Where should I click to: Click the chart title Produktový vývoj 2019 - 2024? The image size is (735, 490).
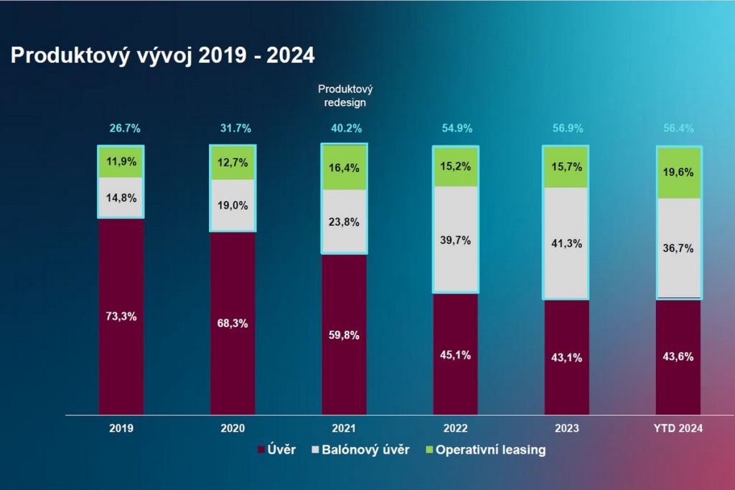162,56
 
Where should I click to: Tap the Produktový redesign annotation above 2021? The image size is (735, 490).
345,95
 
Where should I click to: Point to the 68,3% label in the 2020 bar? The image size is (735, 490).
233,324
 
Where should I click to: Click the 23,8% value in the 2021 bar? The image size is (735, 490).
345,222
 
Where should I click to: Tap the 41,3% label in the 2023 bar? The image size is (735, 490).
567,244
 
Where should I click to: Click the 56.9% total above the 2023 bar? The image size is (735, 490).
568,129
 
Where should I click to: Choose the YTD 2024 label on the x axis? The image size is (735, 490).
678,428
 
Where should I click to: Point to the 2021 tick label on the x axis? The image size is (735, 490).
344,428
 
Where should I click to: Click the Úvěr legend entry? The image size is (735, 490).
277,451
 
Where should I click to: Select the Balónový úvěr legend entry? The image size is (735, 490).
360,451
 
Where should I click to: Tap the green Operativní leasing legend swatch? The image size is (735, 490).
429,451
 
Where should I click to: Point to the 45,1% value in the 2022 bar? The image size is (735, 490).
456,354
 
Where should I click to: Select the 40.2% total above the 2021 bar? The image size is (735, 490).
345,129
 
